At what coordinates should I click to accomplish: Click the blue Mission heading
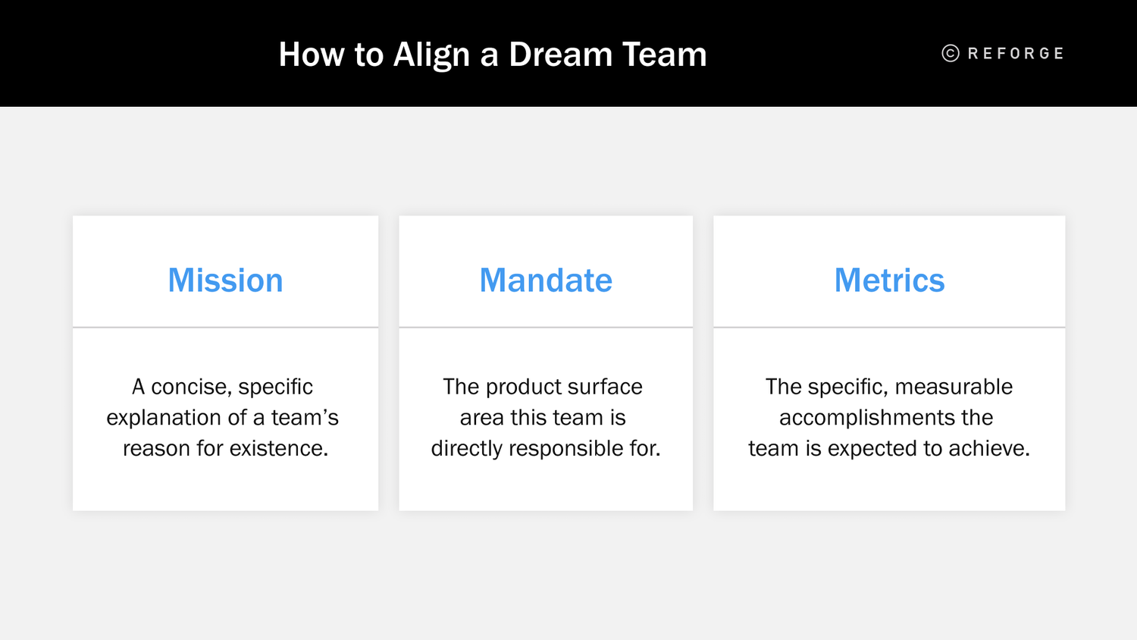pos(225,281)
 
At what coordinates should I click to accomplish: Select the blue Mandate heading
pos(546,281)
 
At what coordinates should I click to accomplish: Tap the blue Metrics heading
pos(889,281)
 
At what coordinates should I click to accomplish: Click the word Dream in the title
pos(560,55)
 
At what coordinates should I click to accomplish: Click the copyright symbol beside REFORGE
pos(951,53)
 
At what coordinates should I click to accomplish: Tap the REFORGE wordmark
pos(1016,54)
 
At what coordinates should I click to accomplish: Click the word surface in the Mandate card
pos(605,387)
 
